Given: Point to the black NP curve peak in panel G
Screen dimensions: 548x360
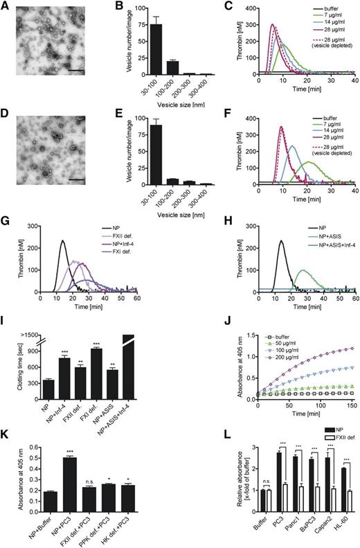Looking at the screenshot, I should pyautogui.click(x=62, y=240).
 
